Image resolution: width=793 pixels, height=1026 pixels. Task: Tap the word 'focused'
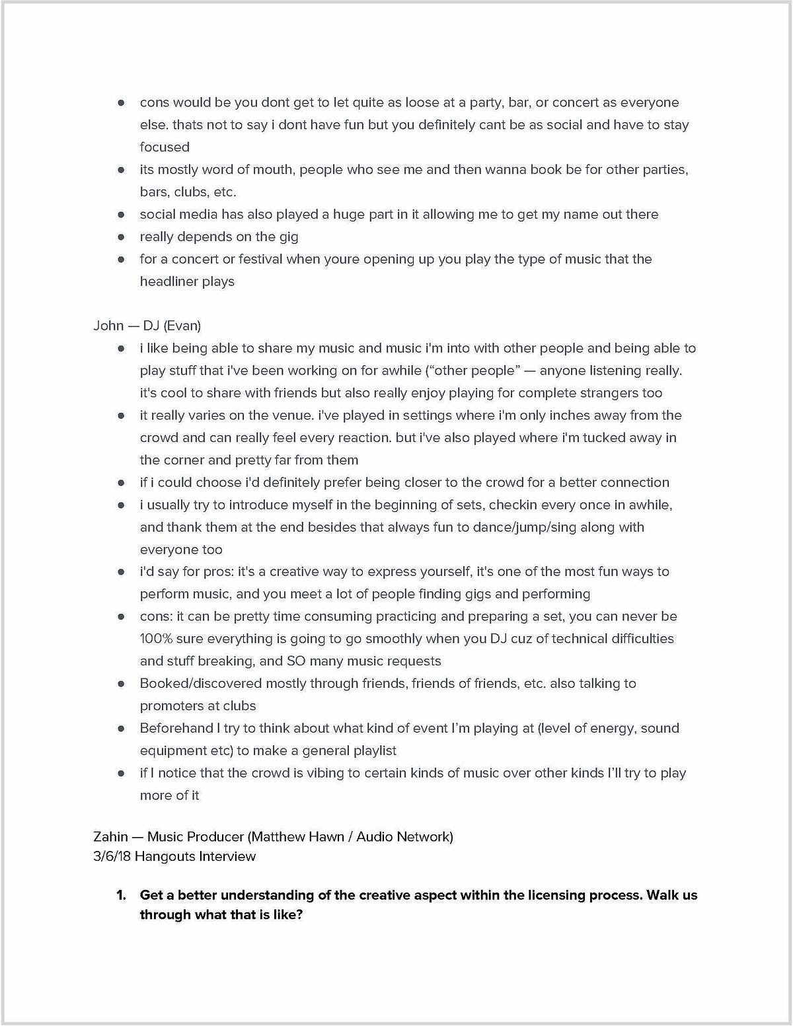coord(165,147)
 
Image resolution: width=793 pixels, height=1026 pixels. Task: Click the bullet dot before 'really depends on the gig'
coord(121,237)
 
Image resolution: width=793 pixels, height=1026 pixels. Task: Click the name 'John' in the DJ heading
coord(108,325)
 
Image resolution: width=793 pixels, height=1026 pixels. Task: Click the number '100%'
coord(155,639)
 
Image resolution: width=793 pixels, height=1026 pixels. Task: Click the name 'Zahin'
coord(110,836)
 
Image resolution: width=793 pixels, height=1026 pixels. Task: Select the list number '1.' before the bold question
coord(122,895)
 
